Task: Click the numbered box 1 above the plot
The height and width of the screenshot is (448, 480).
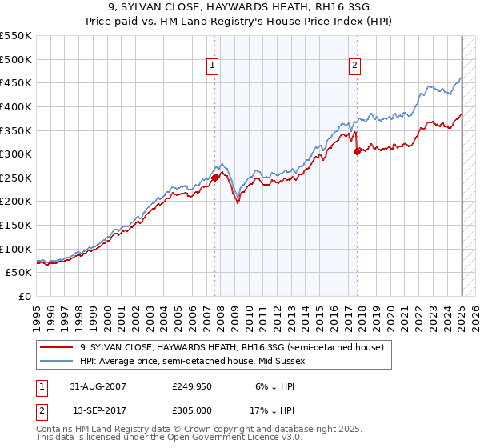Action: (214, 66)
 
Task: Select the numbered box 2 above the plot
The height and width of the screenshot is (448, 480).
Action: (354, 66)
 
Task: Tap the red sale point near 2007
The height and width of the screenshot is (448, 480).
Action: (214, 178)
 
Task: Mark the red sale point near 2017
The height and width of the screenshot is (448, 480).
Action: (357, 151)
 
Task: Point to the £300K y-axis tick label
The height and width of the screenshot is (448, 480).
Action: (17, 154)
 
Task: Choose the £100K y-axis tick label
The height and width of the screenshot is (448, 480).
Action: (17, 249)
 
